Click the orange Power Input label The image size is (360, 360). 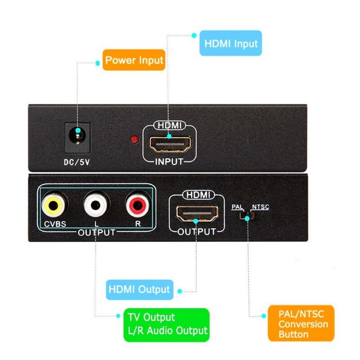(x=134, y=60)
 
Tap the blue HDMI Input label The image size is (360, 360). (x=231, y=43)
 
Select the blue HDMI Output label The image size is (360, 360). (x=139, y=289)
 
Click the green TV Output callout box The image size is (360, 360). (x=166, y=324)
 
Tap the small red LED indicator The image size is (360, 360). (x=134, y=139)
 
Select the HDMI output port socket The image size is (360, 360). (x=197, y=213)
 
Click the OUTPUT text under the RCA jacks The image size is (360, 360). (x=96, y=233)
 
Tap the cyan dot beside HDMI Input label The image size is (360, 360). (x=194, y=35)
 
